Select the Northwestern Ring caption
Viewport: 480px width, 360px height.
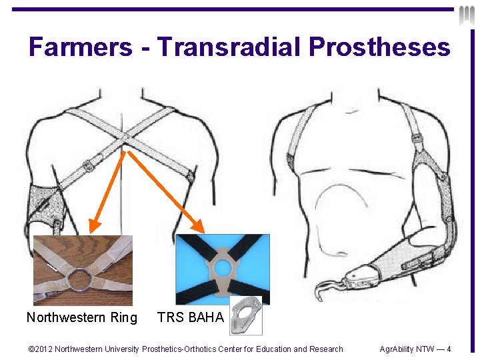81,317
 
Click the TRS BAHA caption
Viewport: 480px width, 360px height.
190,317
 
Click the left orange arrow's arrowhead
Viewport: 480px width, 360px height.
94,225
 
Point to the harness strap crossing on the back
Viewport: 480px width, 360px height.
125,139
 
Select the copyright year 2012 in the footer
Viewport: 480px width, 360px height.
41,349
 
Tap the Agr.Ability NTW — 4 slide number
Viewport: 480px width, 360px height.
415,349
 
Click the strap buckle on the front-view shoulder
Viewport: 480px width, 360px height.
415,138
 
